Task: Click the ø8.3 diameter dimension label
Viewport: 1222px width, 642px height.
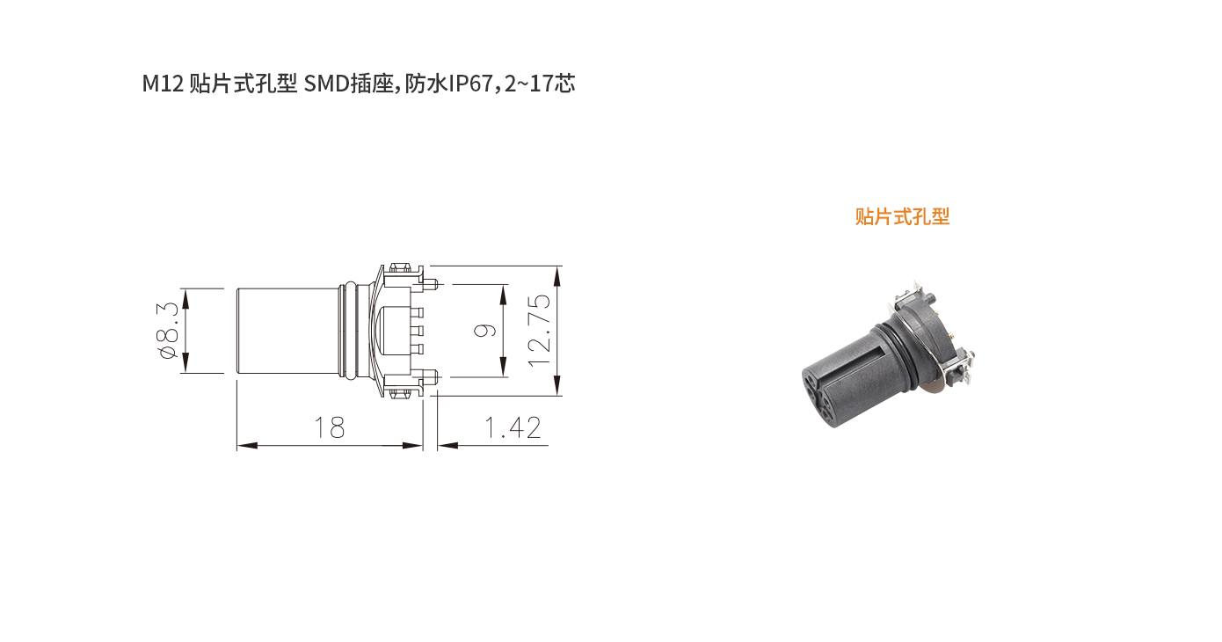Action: tap(167, 331)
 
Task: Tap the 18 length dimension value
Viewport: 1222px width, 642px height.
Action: tap(330, 427)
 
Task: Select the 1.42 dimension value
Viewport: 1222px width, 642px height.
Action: tap(513, 427)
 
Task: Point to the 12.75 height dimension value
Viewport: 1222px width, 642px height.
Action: tap(540, 331)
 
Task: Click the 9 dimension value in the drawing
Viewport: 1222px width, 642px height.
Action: tap(485, 331)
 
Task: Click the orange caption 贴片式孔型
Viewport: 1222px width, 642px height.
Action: tap(902, 216)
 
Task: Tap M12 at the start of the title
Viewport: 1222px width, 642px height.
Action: tap(163, 84)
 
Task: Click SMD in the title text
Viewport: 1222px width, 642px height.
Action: tap(326, 84)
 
